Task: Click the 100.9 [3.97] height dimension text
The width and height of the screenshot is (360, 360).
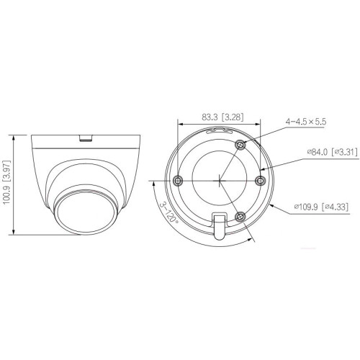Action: [x=8, y=184]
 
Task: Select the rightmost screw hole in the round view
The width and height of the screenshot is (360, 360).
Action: [x=262, y=179]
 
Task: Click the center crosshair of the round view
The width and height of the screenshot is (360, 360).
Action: [x=220, y=179]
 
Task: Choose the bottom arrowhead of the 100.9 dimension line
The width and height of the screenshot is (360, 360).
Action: [x=15, y=235]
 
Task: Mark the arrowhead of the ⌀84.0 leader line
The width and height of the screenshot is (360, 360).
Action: [x=264, y=171]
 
